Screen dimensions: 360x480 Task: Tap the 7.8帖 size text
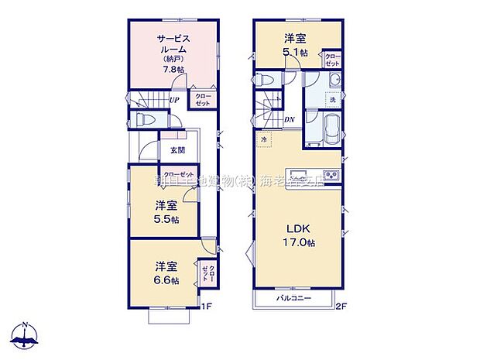(x=173, y=69)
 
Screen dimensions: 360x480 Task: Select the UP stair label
(x=176, y=98)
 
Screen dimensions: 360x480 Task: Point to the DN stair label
(x=289, y=119)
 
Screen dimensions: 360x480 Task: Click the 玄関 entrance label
(x=177, y=150)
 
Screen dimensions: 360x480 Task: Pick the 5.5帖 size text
(x=166, y=219)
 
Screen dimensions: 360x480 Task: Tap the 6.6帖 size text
(x=166, y=280)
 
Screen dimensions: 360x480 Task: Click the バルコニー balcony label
(x=295, y=298)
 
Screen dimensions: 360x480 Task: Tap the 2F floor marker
(x=341, y=307)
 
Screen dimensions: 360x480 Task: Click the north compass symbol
(x=25, y=335)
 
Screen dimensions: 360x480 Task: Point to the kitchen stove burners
(x=331, y=175)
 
